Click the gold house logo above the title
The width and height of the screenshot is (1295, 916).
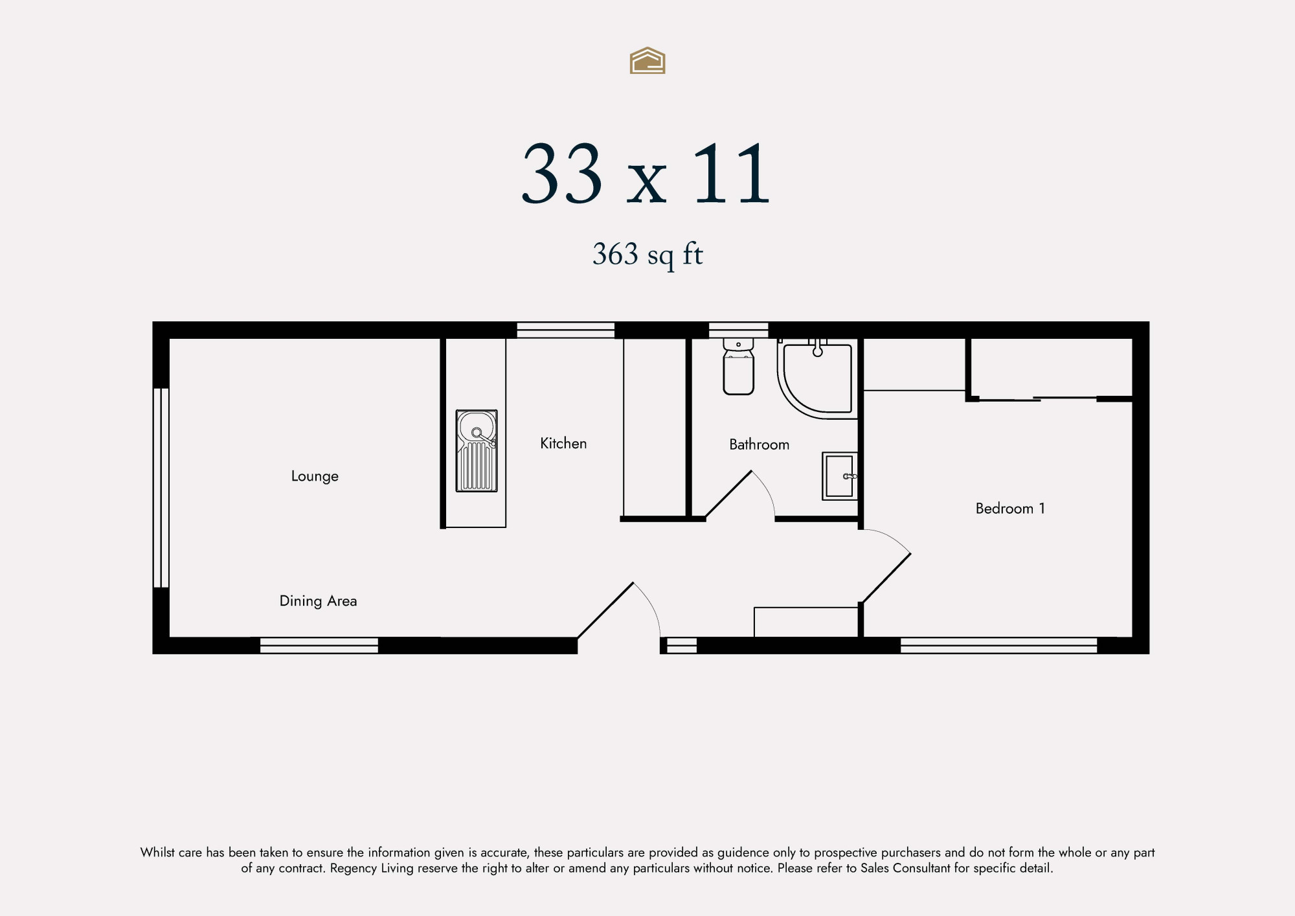click(647, 60)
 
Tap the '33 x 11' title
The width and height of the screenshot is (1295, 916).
click(646, 174)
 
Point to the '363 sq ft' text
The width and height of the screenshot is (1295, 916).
click(647, 255)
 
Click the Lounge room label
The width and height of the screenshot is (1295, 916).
click(315, 476)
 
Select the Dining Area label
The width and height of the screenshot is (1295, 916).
click(318, 601)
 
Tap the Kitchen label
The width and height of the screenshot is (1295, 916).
click(563, 443)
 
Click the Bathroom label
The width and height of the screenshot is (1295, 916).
click(759, 444)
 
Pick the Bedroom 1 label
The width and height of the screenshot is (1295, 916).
click(1010, 509)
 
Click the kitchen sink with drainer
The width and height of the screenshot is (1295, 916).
click(477, 451)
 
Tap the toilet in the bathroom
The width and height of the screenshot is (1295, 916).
click(738, 367)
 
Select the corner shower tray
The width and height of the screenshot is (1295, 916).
click(818, 378)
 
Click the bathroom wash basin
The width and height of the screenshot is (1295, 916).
click(840, 476)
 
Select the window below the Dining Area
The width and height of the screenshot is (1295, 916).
click(319, 645)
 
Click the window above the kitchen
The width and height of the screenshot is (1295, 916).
click(565, 330)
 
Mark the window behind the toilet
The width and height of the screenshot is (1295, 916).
click(738, 330)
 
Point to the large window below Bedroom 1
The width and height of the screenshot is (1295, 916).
click(998, 645)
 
